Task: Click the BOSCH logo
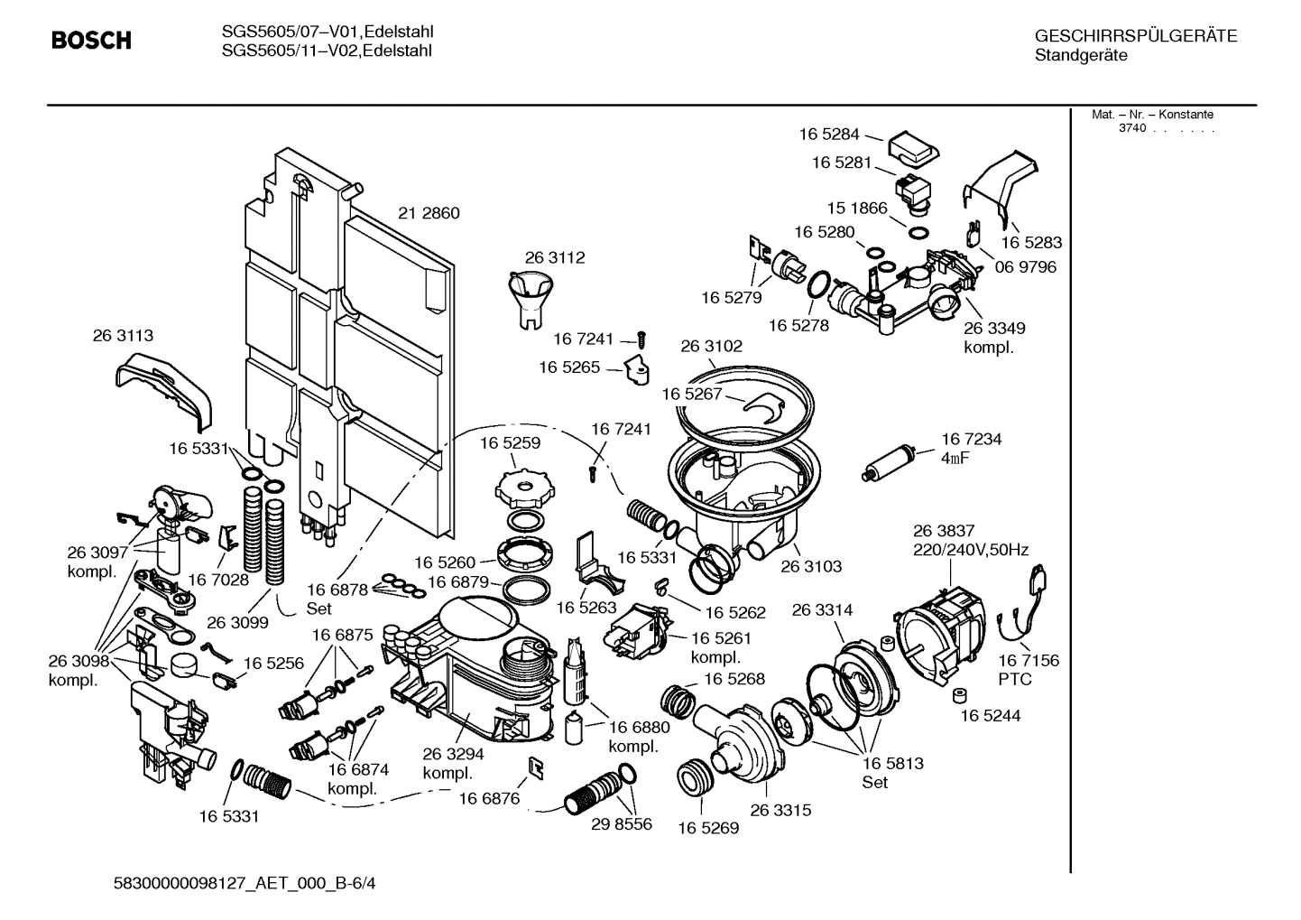pos(91,41)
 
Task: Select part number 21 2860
pos(429,213)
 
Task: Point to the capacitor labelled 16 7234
pos(890,461)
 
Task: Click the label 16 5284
pos(828,135)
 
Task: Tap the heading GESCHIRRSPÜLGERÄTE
pos(1135,36)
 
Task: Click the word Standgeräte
pos(1080,56)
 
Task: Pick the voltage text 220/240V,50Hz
pos(970,550)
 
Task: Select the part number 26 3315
pos(780,810)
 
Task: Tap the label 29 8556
pos(621,824)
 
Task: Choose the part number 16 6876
pos(489,798)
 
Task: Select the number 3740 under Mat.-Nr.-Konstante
pos(1131,128)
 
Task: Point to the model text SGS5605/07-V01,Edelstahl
pos(327,32)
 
